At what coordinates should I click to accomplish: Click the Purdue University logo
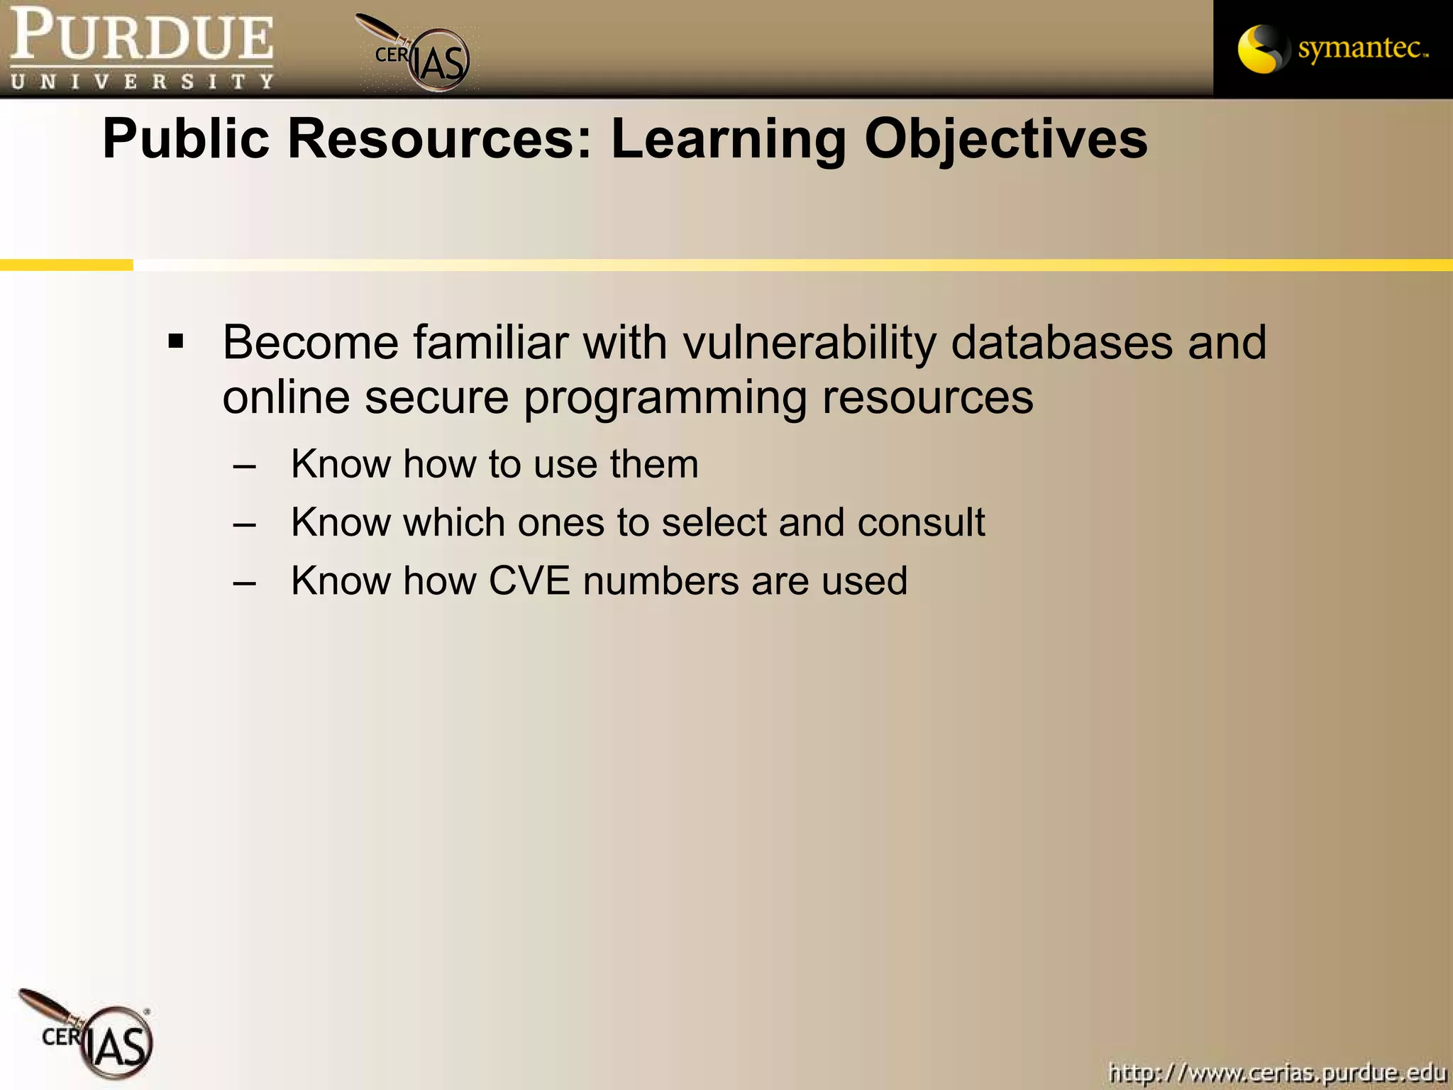coord(142,48)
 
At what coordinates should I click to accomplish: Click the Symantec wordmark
coord(1361,48)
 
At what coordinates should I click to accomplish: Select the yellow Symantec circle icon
coord(1260,49)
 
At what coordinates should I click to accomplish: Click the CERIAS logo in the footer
coord(92,1035)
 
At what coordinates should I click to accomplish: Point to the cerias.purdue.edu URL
coord(1277,1072)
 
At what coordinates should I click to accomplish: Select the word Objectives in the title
coord(1005,140)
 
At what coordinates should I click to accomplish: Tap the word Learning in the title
coord(729,140)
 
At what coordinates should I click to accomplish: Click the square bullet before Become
coord(176,343)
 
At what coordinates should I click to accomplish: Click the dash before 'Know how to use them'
coord(244,467)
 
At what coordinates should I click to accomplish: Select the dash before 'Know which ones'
coord(244,525)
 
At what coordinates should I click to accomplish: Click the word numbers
coord(661,581)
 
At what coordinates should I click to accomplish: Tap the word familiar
coord(491,343)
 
